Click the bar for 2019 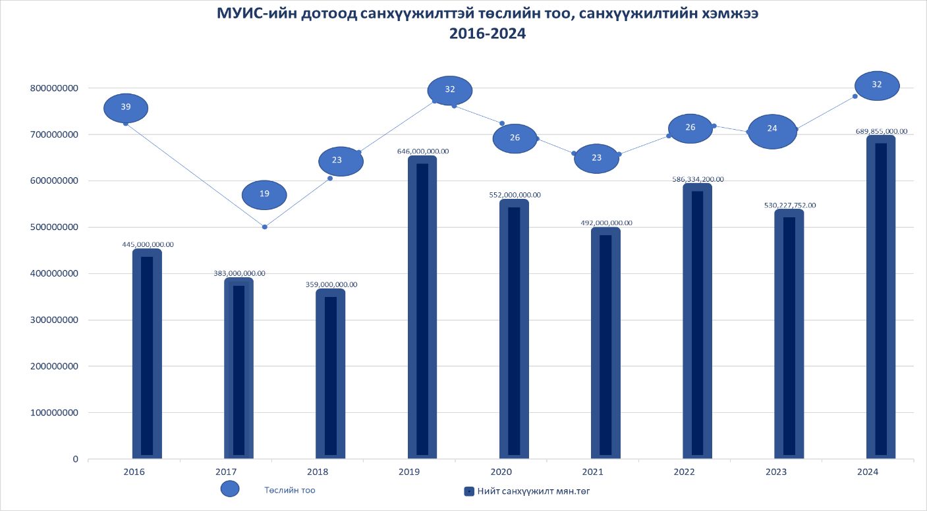point(422,306)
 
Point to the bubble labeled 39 point(126,107)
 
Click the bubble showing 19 point(264,194)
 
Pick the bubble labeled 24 point(772,132)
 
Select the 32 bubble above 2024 point(877,85)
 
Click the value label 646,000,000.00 point(423,151)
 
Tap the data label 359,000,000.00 point(331,284)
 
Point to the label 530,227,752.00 point(789,205)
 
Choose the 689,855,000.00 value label point(881,131)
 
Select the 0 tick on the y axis point(75,459)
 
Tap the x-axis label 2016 point(134,471)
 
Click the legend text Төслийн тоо point(290,490)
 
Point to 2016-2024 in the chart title point(488,34)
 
